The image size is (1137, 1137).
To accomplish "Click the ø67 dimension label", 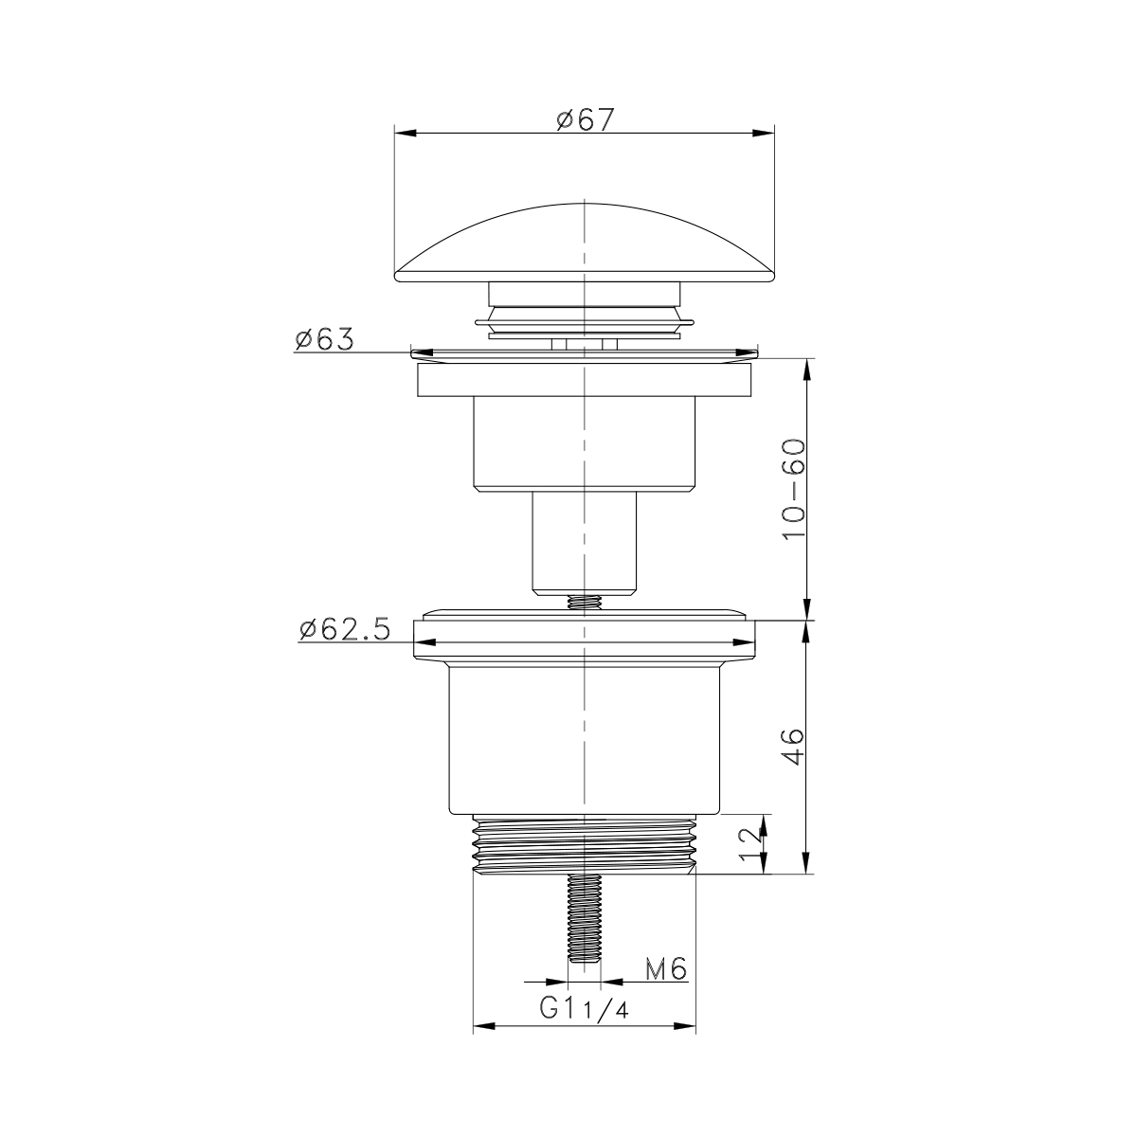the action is point(586,119).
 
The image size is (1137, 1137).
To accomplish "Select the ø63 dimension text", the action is point(325,339).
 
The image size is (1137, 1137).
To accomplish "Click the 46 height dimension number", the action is point(794,747).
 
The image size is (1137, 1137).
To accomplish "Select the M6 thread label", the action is point(666,969).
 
